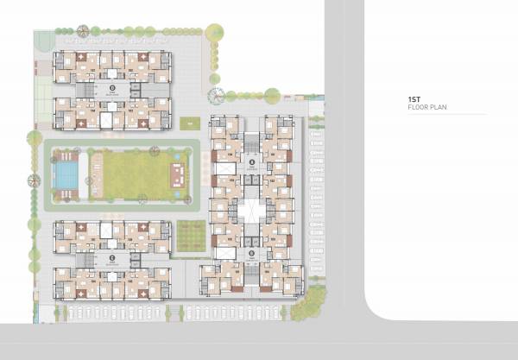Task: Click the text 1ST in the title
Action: coord(414,101)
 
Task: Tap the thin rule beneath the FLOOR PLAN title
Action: coord(447,116)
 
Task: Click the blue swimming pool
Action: coord(64,176)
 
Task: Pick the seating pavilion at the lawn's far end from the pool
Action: coord(178,173)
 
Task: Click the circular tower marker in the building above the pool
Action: coord(111,88)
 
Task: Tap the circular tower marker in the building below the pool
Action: coord(111,257)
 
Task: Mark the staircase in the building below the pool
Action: coord(86,257)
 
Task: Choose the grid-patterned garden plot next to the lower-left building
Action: coord(192,235)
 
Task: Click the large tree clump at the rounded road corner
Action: coord(307,303)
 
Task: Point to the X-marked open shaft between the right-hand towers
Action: coord(251,207)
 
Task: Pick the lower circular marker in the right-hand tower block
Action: coord(251,253)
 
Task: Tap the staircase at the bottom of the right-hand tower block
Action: coord(251,274)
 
